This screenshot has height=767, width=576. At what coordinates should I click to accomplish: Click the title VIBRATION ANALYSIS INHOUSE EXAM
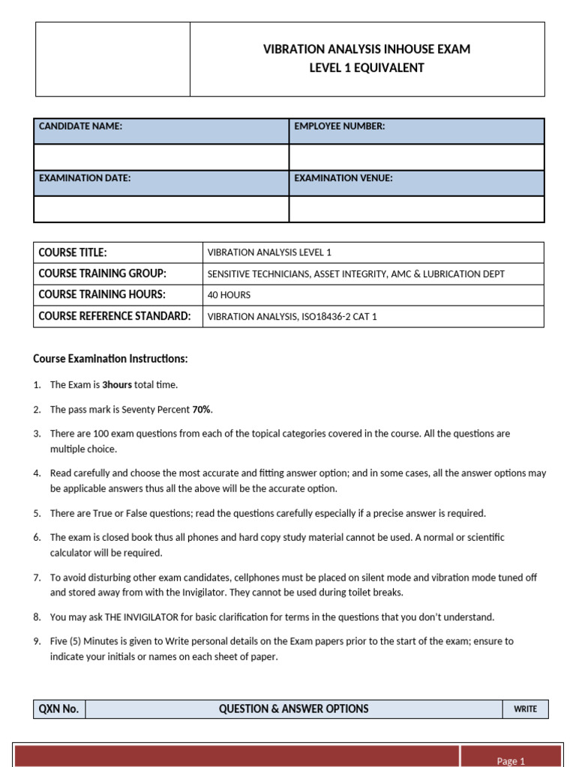(367, 49)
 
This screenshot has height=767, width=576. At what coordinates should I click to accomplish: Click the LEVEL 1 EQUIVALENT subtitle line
(367, 68)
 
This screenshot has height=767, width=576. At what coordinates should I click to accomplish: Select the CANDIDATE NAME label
(80, 127)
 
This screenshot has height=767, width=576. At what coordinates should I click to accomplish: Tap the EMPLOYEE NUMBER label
(340, 127)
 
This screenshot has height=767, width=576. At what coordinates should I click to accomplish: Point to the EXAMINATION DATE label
(85, 178)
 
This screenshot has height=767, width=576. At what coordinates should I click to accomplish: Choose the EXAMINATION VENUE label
(343, 178)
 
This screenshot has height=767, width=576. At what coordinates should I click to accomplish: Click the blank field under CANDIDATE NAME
(161, 157)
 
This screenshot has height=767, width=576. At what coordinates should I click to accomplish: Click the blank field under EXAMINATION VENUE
(416, 209)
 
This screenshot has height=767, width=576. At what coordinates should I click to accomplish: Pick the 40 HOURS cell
(229, 295)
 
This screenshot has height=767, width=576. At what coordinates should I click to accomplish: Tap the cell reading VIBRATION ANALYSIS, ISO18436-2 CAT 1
(292, 317)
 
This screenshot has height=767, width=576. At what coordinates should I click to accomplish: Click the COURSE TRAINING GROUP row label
(102, 273)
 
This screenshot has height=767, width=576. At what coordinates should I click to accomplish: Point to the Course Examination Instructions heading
(110, 359)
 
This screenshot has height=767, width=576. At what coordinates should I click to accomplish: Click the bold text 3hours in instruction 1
(117, 385)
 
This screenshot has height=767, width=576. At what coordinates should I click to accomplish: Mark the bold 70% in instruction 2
(202, 409)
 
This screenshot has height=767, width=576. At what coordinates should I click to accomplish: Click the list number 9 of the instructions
(37, 641)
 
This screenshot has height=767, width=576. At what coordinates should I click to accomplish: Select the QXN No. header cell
(59, 709)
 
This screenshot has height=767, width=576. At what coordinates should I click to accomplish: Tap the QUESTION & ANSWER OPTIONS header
(293, 709)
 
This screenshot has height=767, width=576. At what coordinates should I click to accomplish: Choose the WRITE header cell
(525, 709)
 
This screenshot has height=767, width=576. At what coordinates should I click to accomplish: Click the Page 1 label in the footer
(511, 761)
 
